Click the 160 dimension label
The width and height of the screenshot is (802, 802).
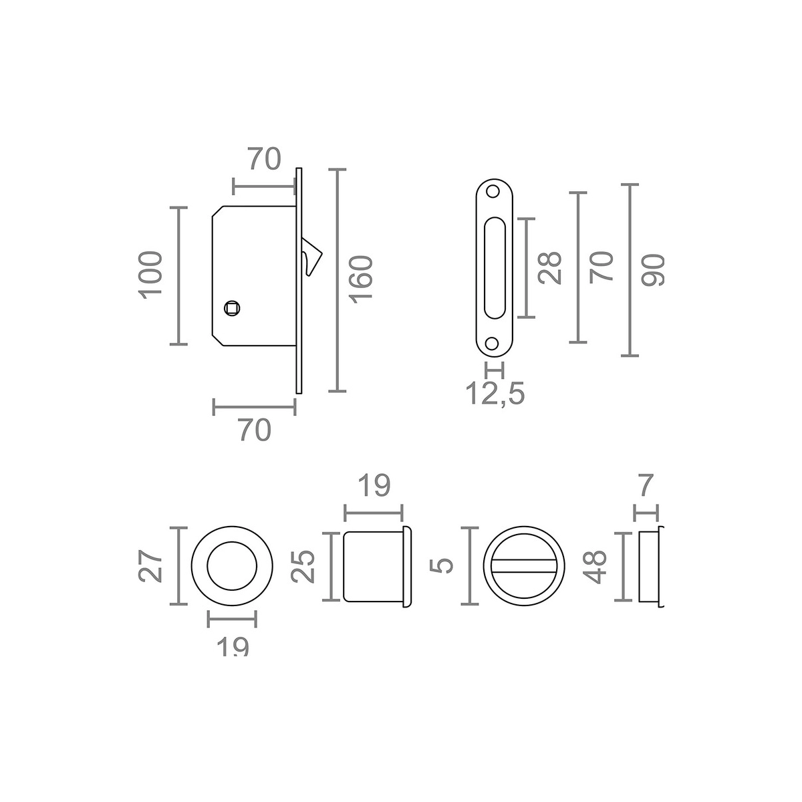tap(360, 279)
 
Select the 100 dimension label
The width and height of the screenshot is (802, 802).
tap(150, 275)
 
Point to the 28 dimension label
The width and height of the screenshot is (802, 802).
tap(550, 268)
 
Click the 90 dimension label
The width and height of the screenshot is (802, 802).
tap(652, 270)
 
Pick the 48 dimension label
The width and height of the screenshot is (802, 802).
tap(593, 567)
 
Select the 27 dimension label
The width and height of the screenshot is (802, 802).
tap(150, 567)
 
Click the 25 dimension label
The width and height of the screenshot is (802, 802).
tap(303, 567)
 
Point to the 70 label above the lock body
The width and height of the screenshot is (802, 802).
tap(265, 159)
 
